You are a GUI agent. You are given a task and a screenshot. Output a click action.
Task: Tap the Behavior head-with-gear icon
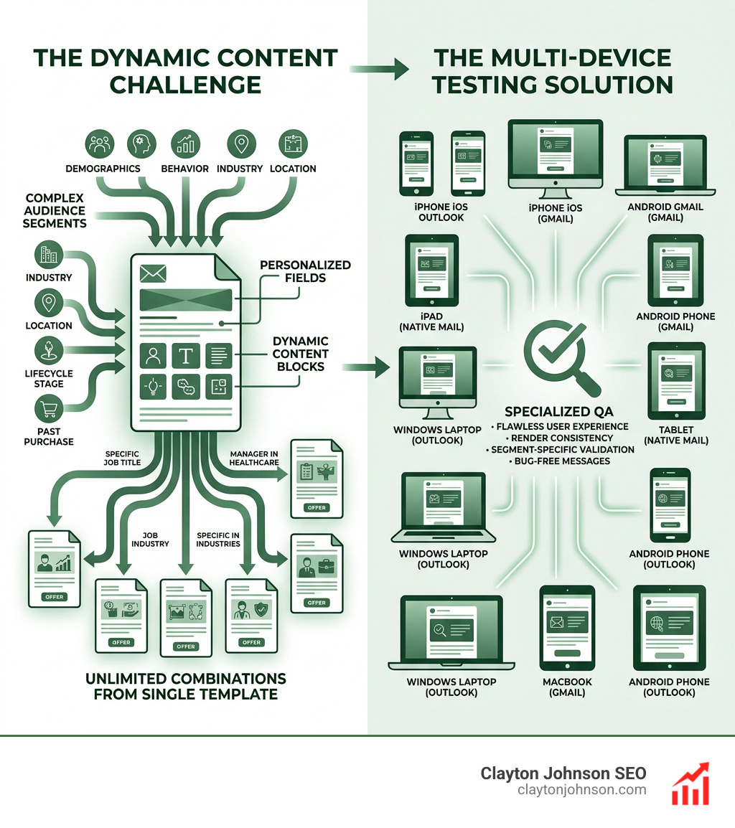[x=141, y=144]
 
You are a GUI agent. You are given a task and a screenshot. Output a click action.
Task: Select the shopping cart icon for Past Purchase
[x=48, y=410]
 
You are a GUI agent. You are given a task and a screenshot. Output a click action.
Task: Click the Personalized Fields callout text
[x=305, y=271]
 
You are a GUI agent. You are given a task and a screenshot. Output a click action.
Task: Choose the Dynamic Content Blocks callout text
[x=300, y=354]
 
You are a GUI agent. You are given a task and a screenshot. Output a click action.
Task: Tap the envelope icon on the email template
[x=154, y=273]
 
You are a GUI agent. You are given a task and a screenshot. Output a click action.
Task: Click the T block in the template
[x=185, y=355]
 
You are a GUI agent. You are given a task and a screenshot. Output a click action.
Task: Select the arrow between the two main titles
[x=379, y=69]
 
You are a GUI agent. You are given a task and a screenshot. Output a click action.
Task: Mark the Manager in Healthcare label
[x=253, y=458]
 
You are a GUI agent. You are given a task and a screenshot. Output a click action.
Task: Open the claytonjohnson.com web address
[x=581, y=790]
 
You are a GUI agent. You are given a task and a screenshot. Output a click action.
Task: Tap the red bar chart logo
[x=690, y=784]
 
